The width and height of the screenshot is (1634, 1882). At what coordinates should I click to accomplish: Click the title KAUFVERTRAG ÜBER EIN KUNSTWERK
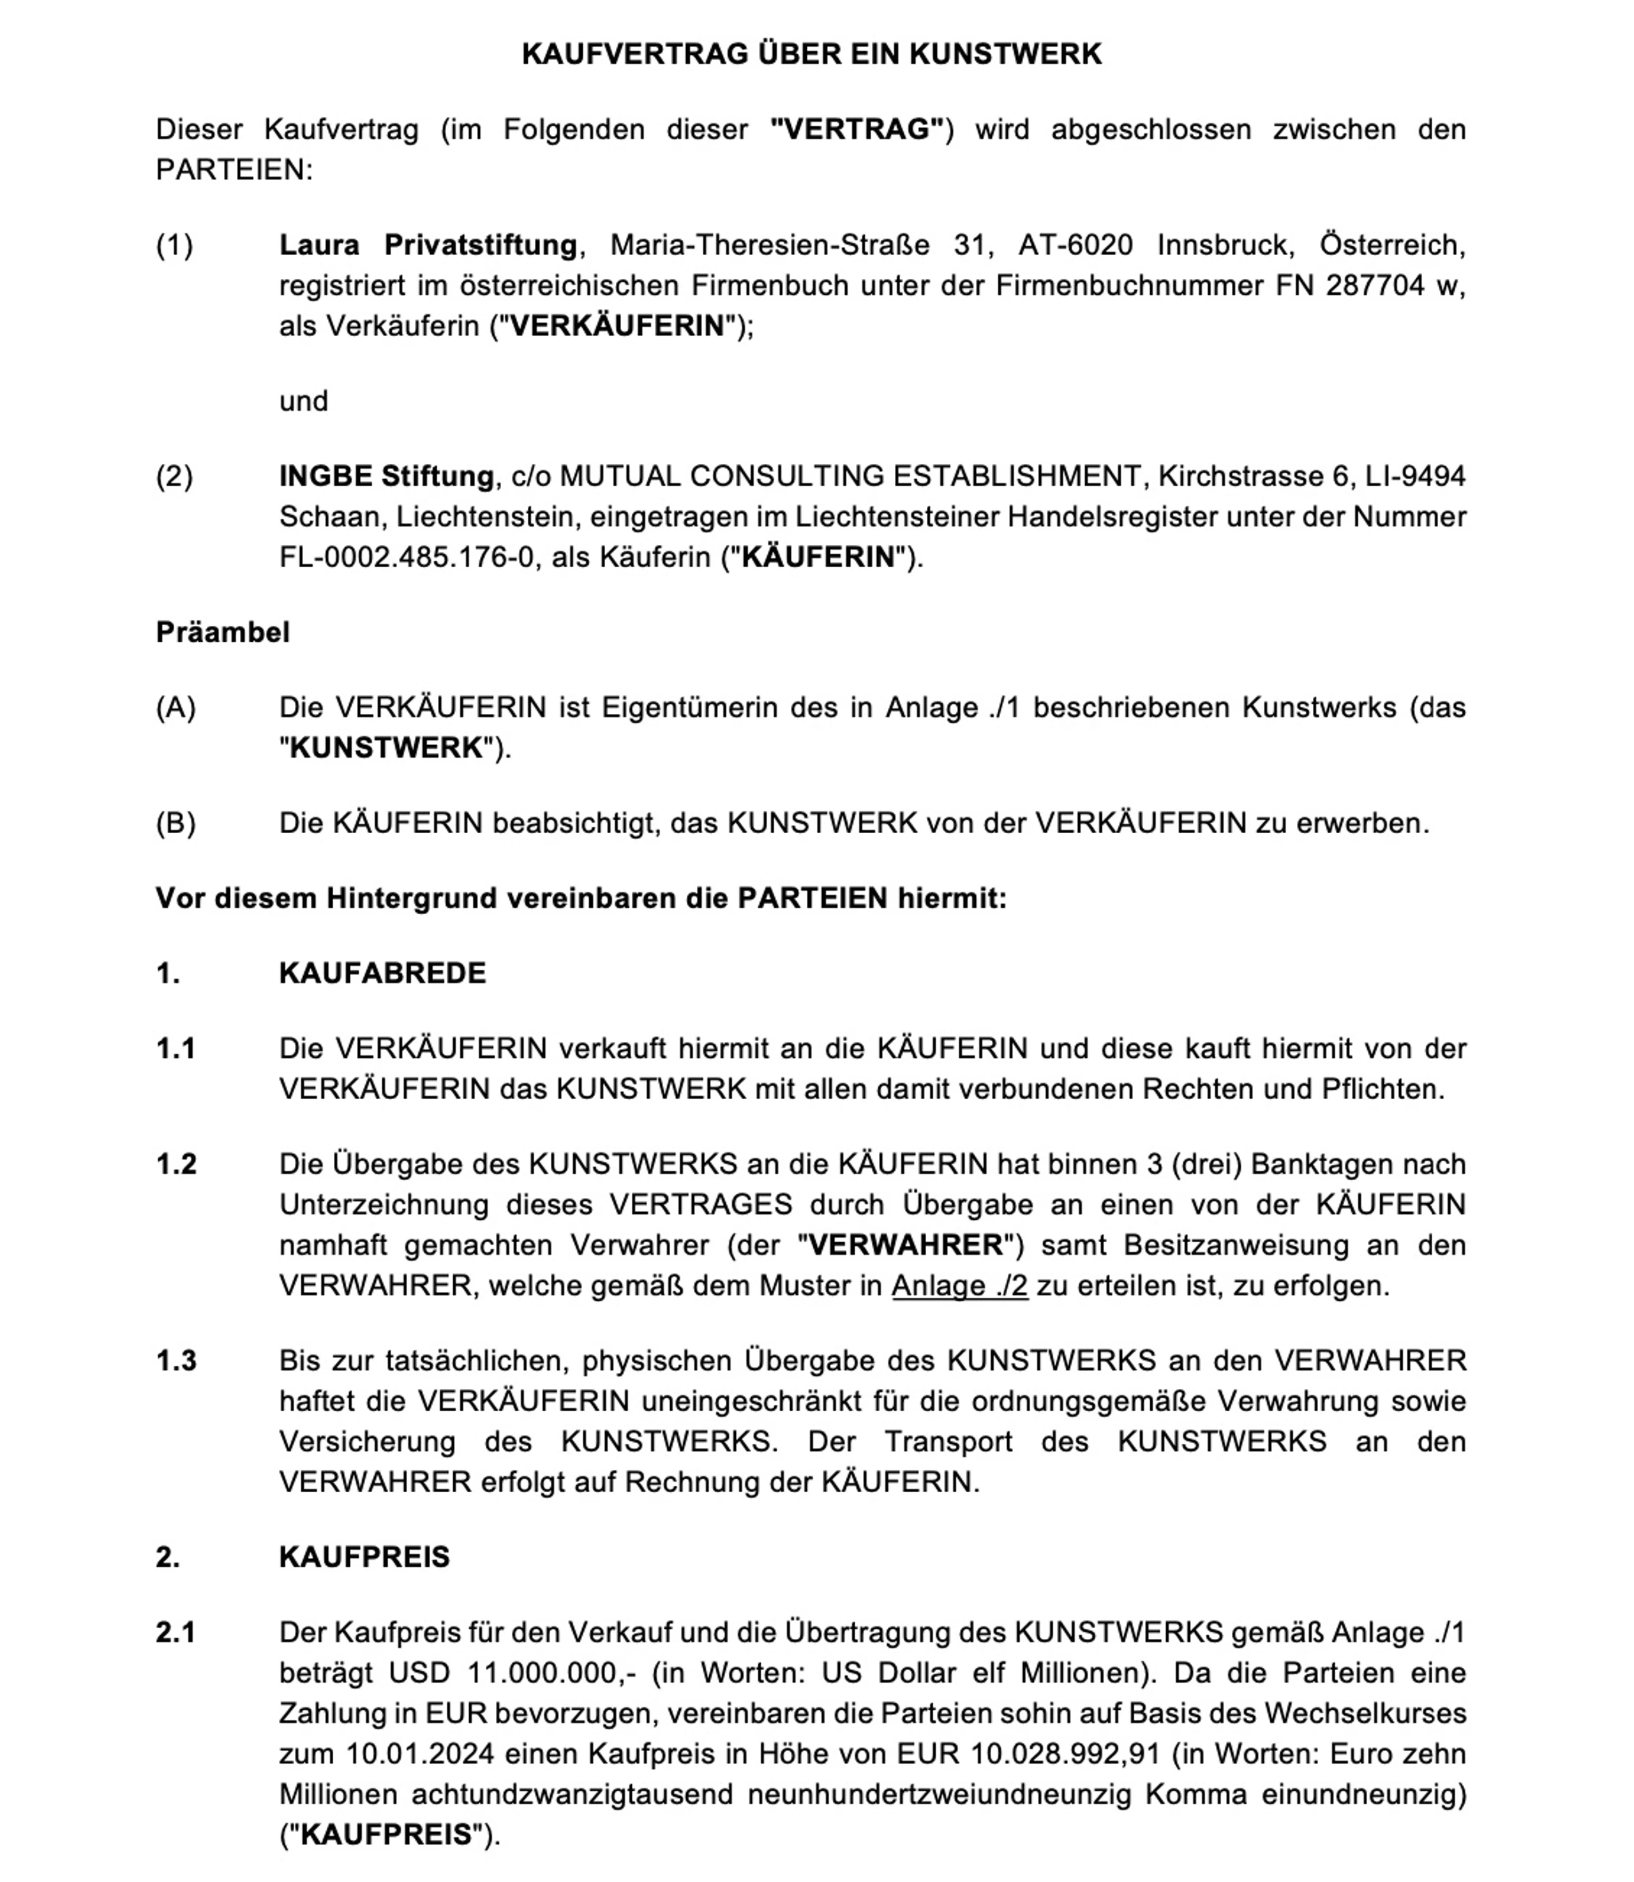click(x=811, y=55)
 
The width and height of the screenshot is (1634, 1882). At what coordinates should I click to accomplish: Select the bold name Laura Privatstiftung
click(x=428, y=245)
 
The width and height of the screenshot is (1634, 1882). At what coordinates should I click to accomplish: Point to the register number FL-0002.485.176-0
click(x=407, y=557)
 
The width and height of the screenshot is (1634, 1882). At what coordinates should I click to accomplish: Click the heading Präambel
click(x=223, y=632)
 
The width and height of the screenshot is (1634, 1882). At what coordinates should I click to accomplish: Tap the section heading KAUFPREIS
click(x=364, y=1556)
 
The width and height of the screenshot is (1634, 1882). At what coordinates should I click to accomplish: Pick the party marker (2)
click(x=174, y=476)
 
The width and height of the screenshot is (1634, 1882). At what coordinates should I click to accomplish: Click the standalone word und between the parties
click(x=304, y=401)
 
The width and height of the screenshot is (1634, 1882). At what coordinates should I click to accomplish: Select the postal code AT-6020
click(x=1075, y=245)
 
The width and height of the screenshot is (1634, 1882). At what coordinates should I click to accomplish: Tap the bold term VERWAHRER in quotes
click(x=906, y=1245)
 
